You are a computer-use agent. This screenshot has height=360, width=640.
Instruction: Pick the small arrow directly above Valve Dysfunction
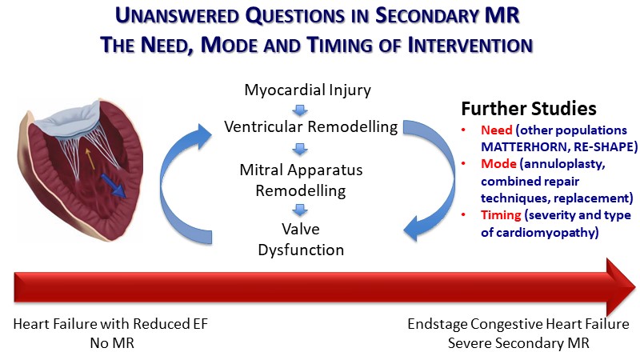[296, 209]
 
